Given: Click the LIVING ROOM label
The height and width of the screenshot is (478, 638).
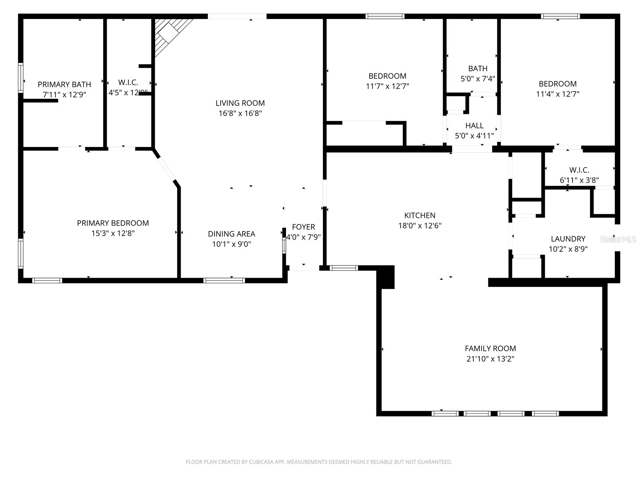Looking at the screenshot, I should (x=240, y=103).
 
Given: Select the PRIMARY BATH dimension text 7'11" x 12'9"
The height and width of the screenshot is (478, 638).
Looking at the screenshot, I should (x=64, y=95).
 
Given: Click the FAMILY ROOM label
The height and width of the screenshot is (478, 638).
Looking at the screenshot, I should (x=490, y=349).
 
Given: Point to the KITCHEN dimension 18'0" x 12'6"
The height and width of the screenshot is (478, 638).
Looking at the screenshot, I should (x=419, y=226).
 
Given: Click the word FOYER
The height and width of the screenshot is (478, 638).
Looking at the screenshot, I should (x=303, y=227).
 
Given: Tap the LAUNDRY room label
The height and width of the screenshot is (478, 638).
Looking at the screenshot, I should (x=568, y=239).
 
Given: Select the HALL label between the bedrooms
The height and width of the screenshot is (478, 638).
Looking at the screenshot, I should (x=474, y=126).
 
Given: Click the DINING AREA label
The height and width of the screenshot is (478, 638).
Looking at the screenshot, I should (x=231, y=234).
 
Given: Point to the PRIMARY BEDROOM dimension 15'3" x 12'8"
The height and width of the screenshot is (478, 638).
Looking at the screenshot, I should (x=113, y=233).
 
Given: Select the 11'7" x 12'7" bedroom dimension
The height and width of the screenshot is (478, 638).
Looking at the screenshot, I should (x=387, y=86).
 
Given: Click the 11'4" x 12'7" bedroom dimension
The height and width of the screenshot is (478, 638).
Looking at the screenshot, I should (x=557, y=94).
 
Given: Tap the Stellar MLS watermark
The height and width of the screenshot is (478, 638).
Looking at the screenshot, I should (x=618, y=239).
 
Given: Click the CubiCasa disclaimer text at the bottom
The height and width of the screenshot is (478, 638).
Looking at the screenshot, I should (x=319, y=462).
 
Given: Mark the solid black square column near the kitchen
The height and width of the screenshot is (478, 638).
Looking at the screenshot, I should (x=386, y=277).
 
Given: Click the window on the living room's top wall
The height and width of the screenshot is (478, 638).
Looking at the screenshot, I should (x=237, y=16).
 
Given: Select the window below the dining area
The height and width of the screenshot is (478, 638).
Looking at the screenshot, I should (x=224, y=280).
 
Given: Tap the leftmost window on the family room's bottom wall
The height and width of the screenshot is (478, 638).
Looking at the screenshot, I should (x=445, y=413).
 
